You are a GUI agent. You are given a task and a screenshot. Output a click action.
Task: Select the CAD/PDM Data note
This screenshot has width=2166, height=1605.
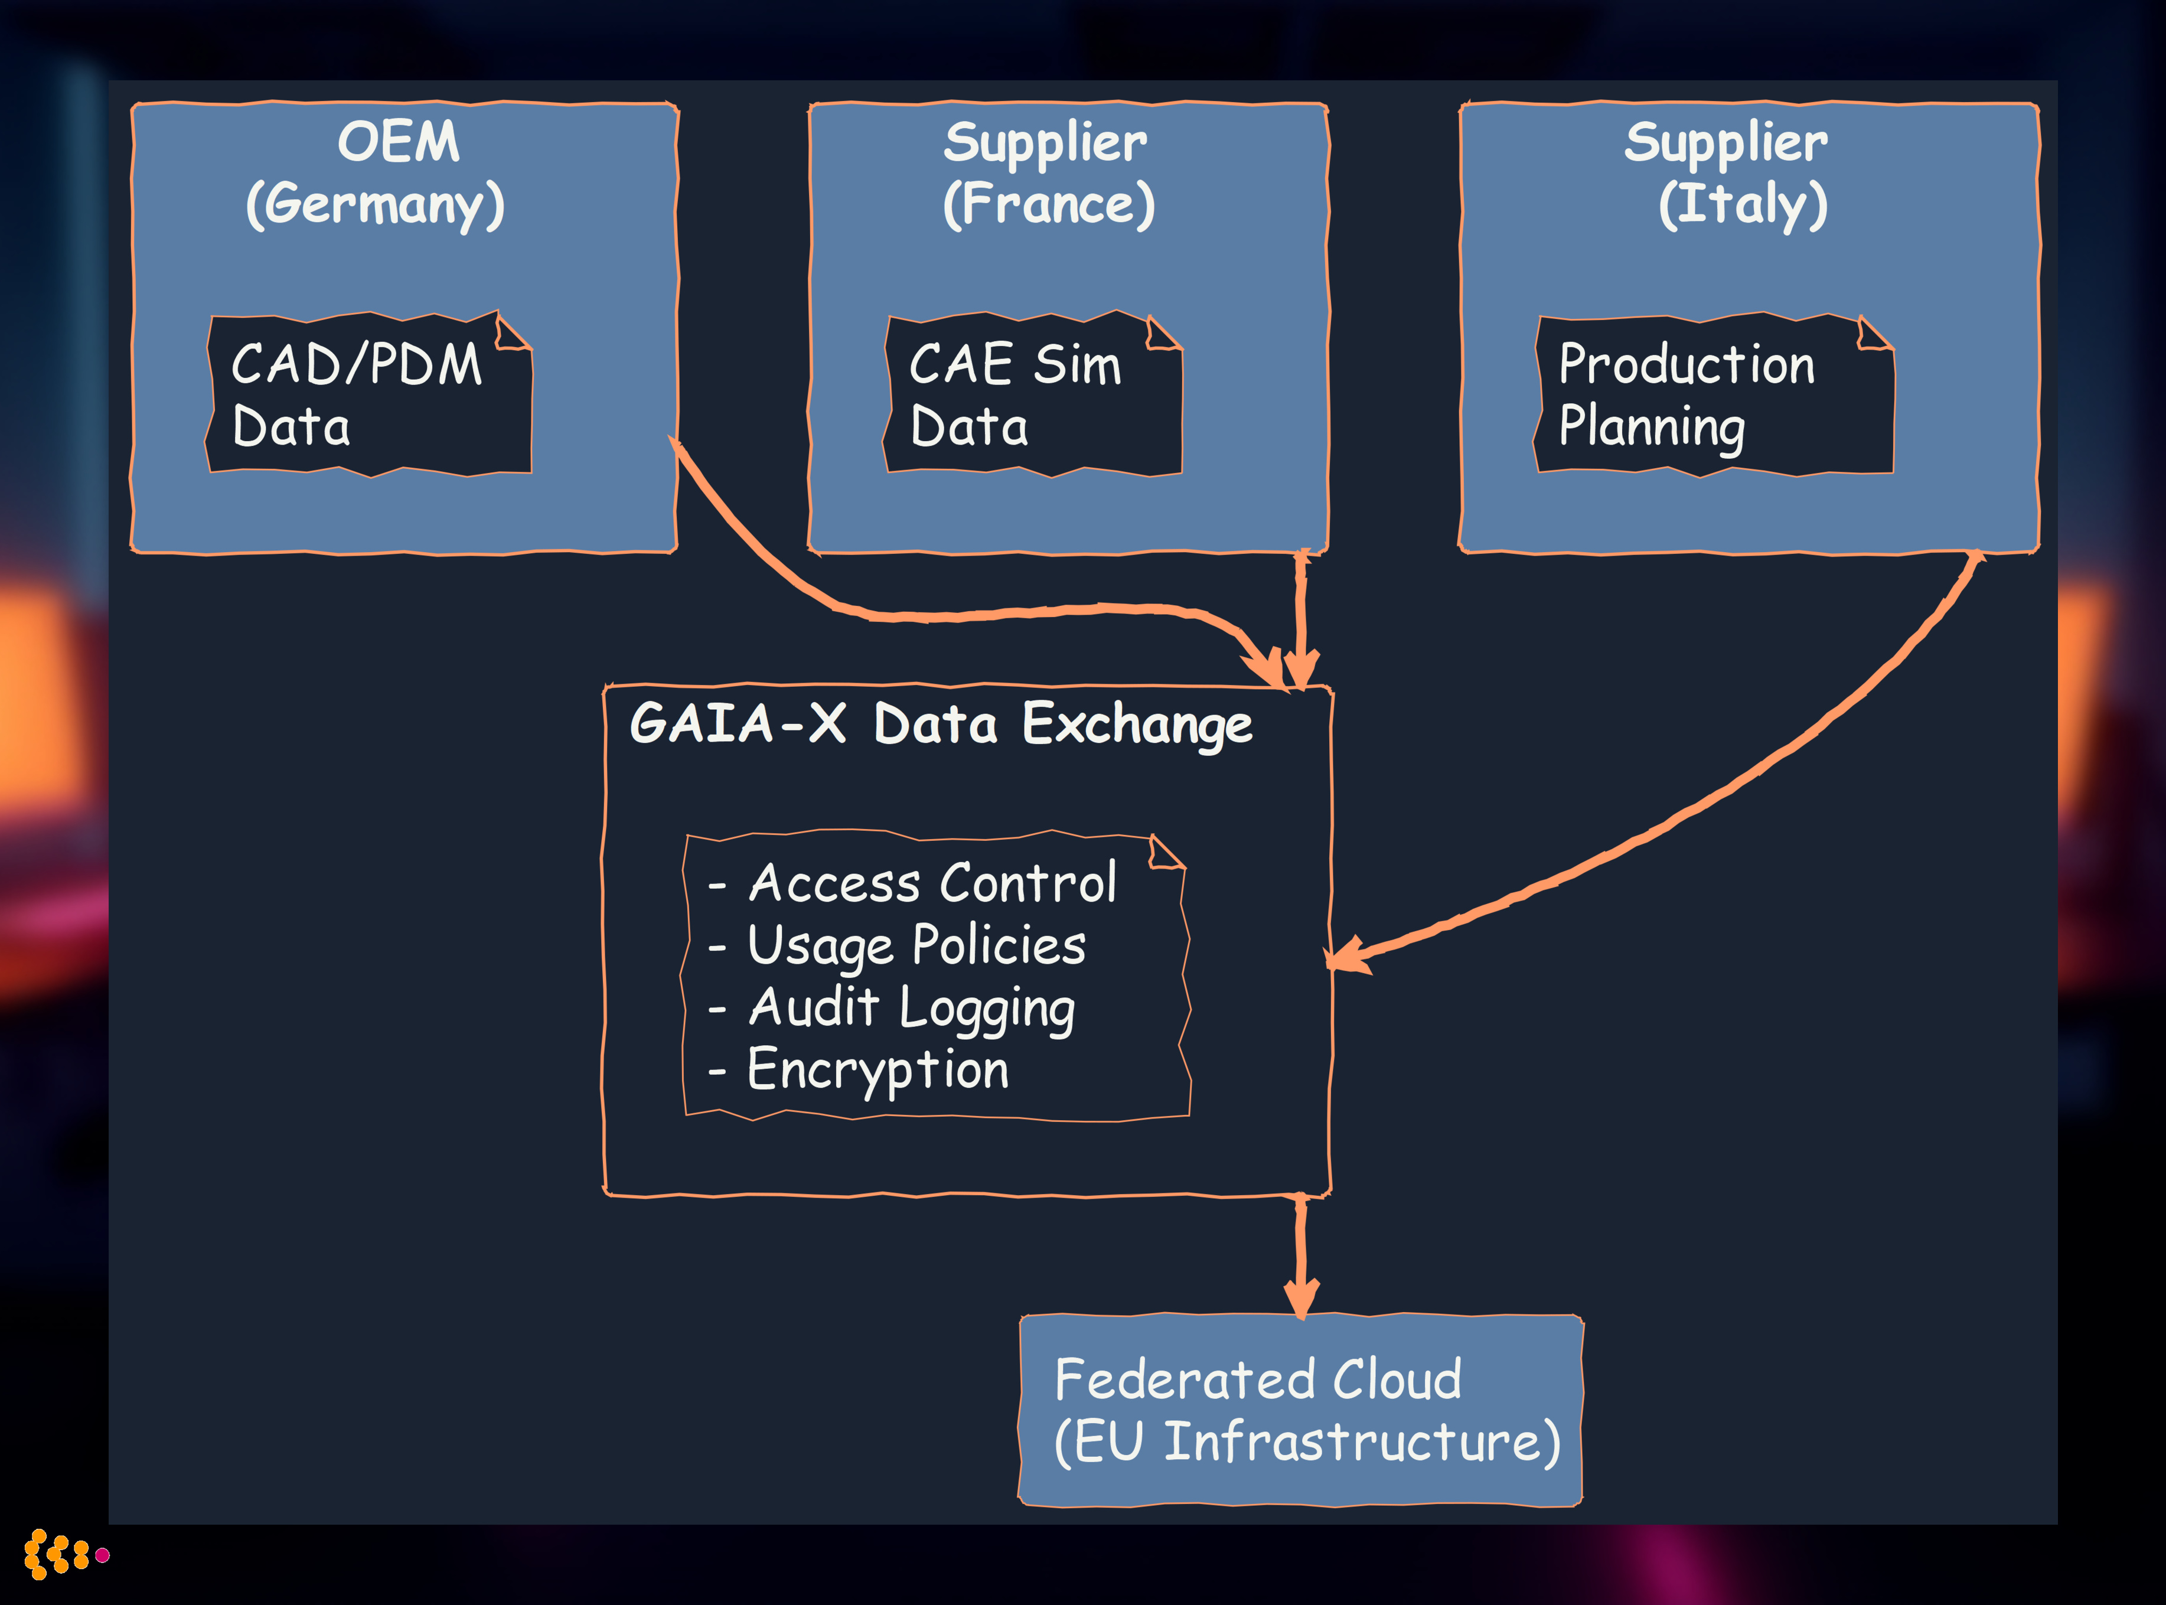pos(369,394)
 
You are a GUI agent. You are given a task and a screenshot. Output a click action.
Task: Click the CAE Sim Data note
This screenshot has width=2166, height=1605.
pos(1032,394)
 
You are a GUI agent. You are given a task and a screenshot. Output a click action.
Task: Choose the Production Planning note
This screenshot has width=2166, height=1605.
pos(1714,394)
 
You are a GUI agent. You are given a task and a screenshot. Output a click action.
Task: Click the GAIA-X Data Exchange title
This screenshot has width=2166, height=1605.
pos(940,725)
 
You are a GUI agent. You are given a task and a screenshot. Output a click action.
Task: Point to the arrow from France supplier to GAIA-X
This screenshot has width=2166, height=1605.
pos(1300,612)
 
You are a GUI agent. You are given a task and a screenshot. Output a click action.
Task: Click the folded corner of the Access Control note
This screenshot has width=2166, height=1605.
pos(1166,854)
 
